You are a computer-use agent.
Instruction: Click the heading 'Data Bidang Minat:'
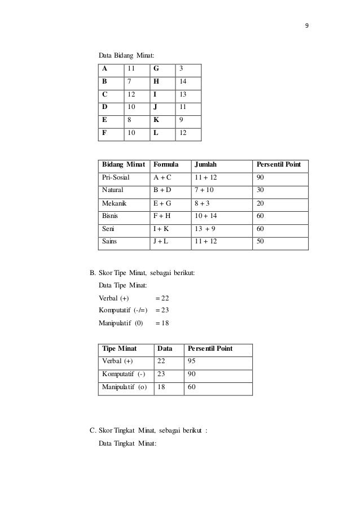pos(127,55)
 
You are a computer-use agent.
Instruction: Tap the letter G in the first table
pos(155,68)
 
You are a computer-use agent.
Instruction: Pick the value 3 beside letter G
pos(181,68)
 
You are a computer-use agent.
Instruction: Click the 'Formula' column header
pos(165,165)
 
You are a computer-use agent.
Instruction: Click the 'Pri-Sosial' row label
pos(115,177)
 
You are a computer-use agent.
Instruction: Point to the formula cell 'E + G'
pos(163,204)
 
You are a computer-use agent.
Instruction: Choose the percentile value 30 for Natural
pos(261,190)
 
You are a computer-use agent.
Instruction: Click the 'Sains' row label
pos(109,243)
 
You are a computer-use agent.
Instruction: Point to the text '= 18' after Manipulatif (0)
pos(161,323)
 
